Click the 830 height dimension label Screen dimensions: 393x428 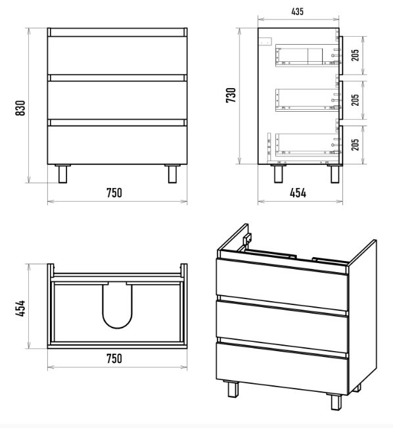[x=20, y=108]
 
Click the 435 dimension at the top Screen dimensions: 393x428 [x=297, y=12]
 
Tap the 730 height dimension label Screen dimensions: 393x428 [x=231, y=95]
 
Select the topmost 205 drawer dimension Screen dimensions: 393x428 [x=355, y=55]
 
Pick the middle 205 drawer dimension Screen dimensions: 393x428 [x=355, y=100]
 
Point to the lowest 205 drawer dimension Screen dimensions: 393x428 [x=355, y=145]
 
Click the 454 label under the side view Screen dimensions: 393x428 [x=298, y=193]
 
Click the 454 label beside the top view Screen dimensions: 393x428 [x=20, y=308]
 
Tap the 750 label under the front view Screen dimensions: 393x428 [x=114, y=193]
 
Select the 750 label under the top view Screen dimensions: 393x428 [x=114, y=358]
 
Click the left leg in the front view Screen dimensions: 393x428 [x=62, y=174]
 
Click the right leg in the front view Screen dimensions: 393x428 [x=172, y=174]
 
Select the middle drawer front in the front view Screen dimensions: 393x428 [x=118, y=100]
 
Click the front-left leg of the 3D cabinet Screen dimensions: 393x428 [x=233, y=389]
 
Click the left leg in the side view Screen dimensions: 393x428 [x=279, y=174]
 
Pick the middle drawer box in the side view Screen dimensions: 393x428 [x=307, y=100]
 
